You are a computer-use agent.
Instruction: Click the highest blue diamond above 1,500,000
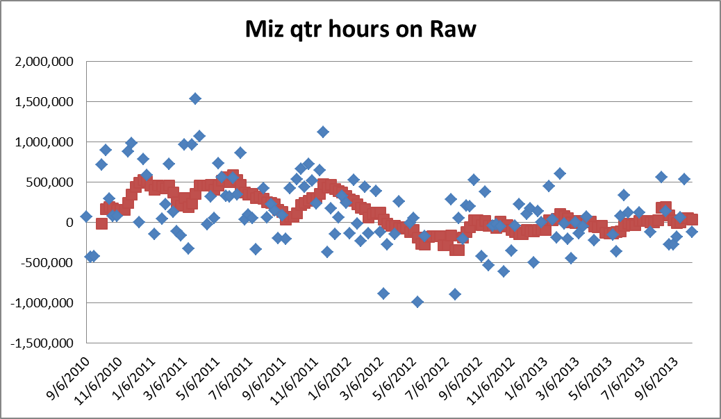(x=195, y=99)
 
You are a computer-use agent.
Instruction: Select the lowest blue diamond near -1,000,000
(x=417, y=301)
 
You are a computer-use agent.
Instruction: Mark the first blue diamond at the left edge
(x=86, y=216)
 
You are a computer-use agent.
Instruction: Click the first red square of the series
(x=101, y=223)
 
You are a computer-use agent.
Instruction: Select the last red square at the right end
(x=692, y=219)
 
